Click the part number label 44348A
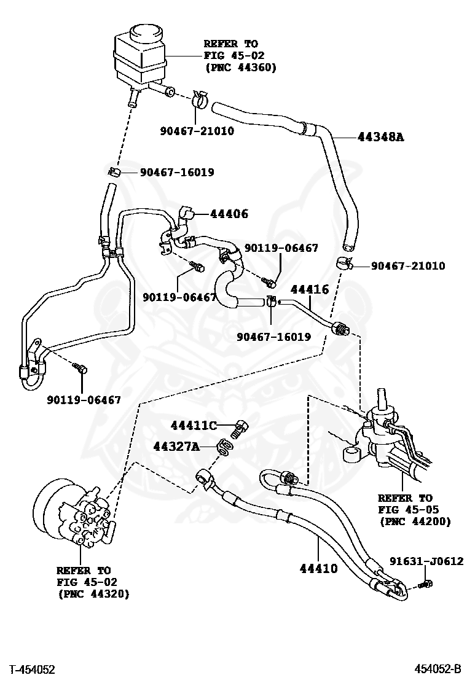[380, 137]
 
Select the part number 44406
[229, 214]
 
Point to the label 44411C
[194, 426]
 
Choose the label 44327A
[194, 447]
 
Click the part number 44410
[318, 569]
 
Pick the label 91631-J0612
[426, 561]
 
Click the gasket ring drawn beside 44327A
[225, 448]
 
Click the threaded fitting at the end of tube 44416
[339, 329]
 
